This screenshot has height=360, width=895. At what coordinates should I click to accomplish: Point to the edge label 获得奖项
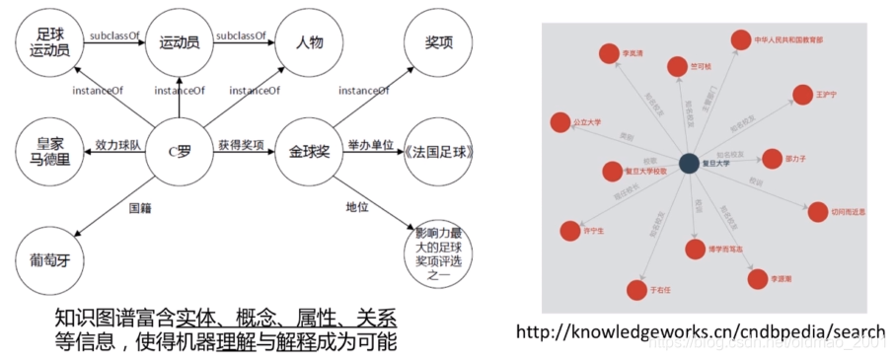242,144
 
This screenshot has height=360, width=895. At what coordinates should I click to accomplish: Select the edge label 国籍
140,208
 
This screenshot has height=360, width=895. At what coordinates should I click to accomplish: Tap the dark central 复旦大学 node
688,164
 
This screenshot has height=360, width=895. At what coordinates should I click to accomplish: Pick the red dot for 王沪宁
800,95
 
